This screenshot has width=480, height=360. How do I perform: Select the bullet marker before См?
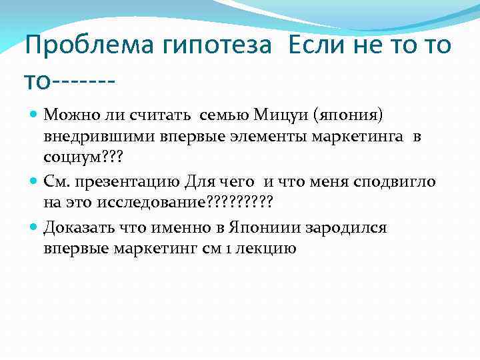coord(35,180)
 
